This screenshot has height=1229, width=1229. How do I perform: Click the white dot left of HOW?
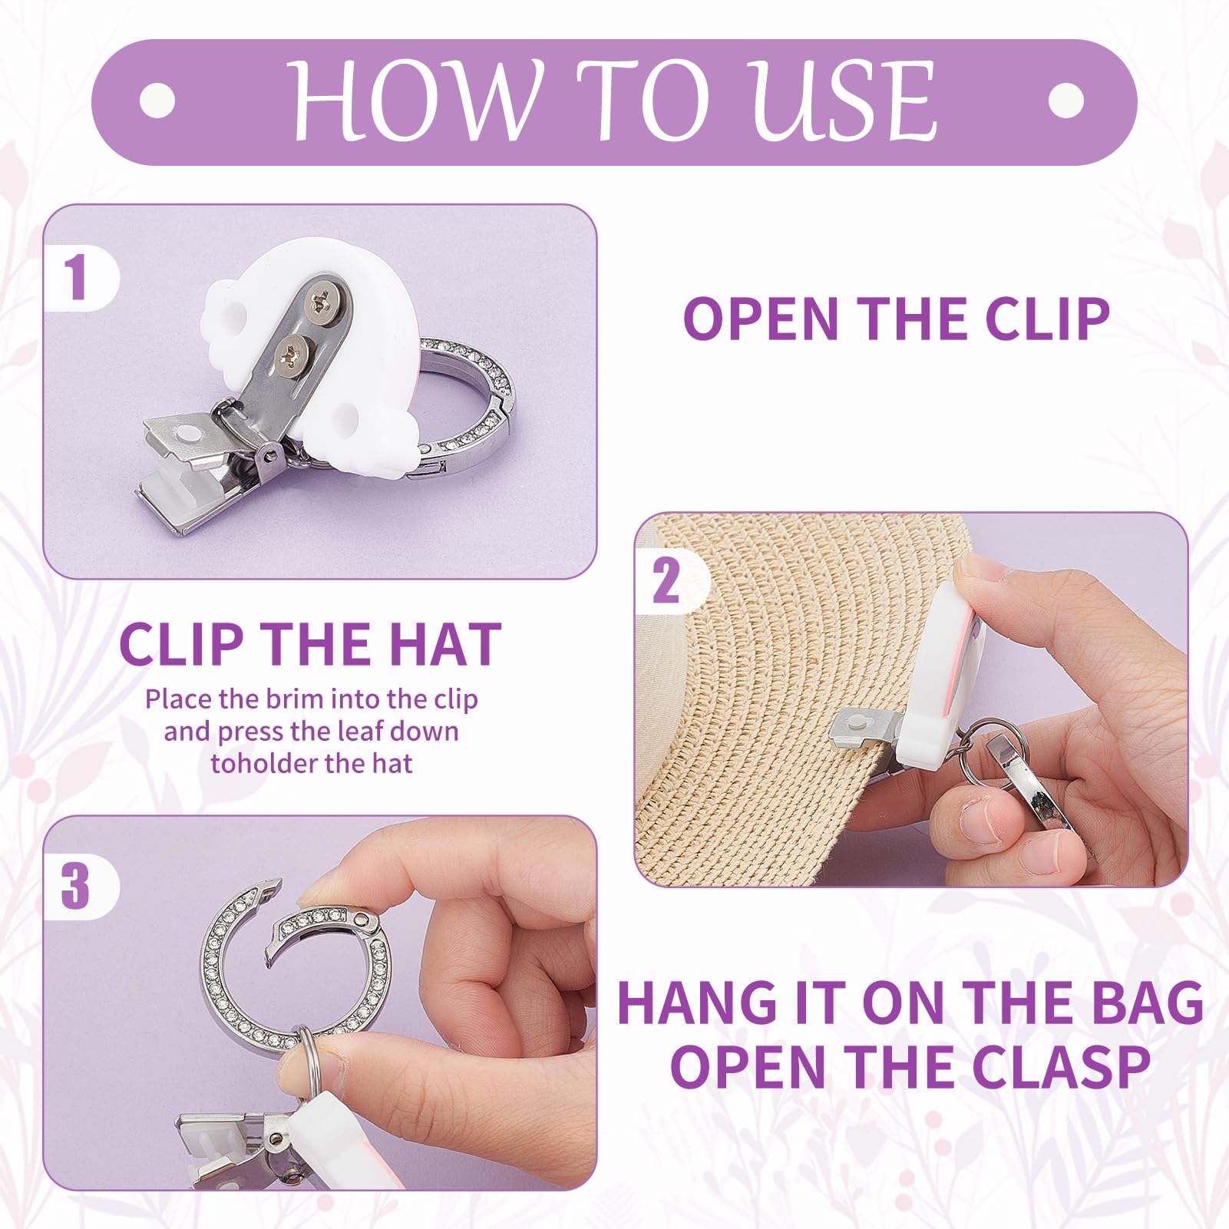click(x=158, y=101)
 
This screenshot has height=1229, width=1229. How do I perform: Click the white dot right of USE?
click(x=1065, y=101)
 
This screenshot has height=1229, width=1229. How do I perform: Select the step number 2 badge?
click(x=666, y=581)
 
